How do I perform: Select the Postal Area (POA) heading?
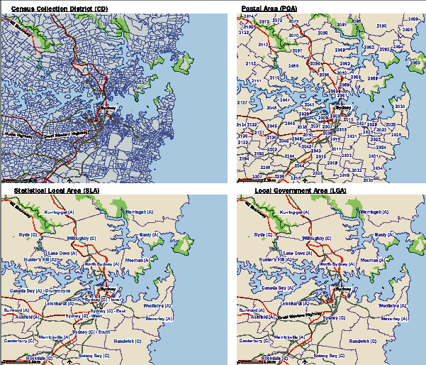click(269, 7)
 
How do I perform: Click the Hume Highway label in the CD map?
click(18, 134)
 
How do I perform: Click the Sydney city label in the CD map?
click(106, 108)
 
